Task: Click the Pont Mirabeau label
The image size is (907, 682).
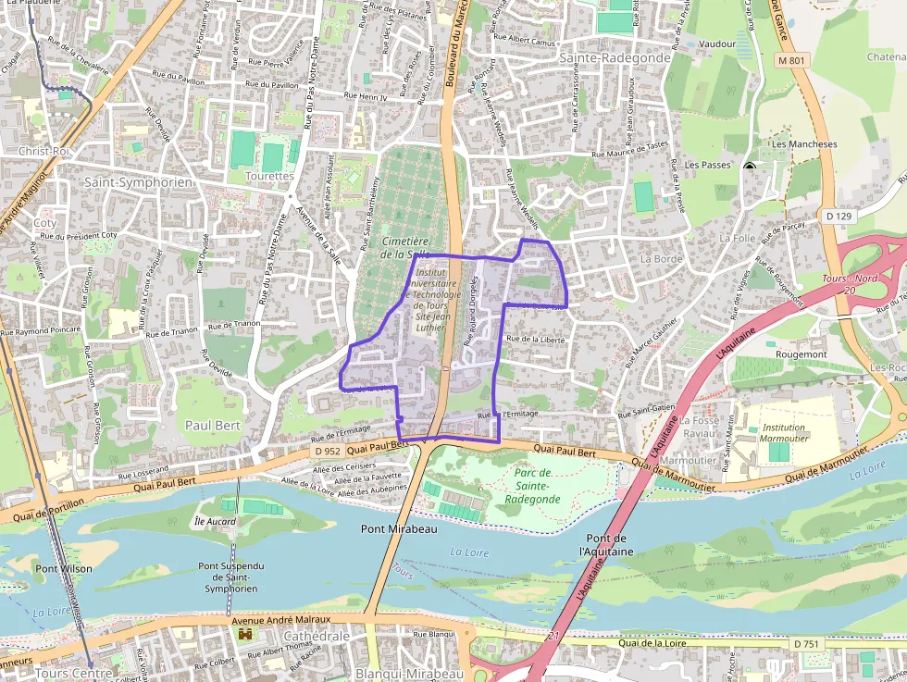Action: pyautogui.click(x=398, y=529)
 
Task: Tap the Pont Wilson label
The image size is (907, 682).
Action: pyautogui.click(x=63, y=568)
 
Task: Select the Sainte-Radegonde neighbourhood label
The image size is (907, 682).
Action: pyautogui.click(x=602, y=57)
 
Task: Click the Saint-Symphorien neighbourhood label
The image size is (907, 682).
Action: pyautogui.click(x=138, y=182)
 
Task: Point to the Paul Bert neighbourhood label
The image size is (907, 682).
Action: pyautogui.click(x=213, y=425)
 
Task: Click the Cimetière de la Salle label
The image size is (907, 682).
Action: pyautogui.click(x=405, y=247)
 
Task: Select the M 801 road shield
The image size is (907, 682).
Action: pyautogui.click(x=792, y=60)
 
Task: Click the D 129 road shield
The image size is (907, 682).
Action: pyautogui.click(x=838, y=216)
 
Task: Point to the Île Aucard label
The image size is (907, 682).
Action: pyautogui.click(x=215, y=522)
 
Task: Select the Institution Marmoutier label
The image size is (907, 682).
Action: pyautogui.click(x=784, y=433)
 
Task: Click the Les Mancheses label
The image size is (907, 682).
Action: pyautogui.click(x=804, y=144)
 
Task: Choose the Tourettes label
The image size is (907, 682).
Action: pyautogui.click(x=270, y=176)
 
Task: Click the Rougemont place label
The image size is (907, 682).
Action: pyautogui.click(x=801, y=354)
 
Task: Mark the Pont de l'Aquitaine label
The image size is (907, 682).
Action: pyautogui.click(x=607, y=545)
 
